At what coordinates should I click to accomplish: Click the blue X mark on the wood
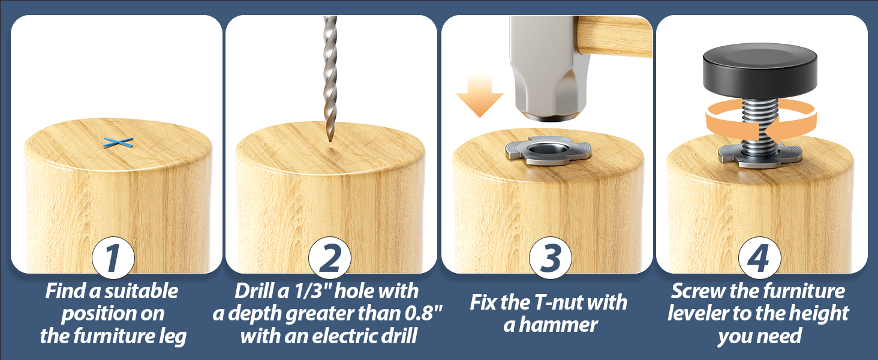tap(118, 143)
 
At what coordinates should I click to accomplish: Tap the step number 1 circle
tap(113, 258)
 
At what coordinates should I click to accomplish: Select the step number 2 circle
tap(330, 258)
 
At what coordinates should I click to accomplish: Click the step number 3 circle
tap(551, 258)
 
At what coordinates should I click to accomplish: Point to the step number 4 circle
tap(760, 258)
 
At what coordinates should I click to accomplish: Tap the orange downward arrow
tap(479, 95)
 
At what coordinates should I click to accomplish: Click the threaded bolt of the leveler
tap(760, 126)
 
